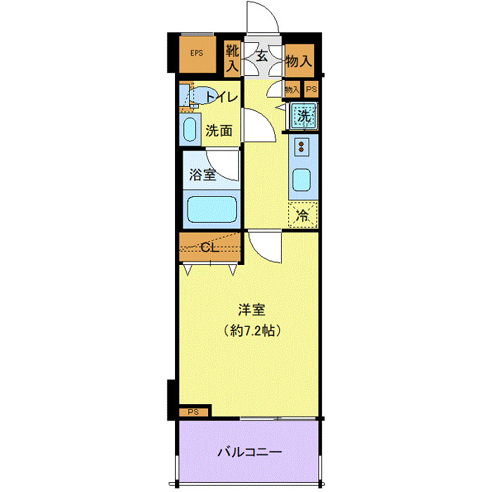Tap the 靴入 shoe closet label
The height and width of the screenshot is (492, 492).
point(232,58)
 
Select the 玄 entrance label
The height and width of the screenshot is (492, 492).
point(261,56)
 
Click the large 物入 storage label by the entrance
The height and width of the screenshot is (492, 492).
point(299,60)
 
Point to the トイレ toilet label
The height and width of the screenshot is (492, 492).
point(221,98)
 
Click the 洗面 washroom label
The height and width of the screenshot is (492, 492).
point(219,130)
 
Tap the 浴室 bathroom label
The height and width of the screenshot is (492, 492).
point(203,175)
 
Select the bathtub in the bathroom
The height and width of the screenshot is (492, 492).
point(211,209)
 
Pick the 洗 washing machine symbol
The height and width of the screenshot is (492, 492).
point(303,117)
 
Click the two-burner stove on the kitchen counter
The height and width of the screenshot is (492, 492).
point(302,147)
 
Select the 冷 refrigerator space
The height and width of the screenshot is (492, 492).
point(302,215)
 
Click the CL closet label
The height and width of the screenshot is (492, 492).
point(209,247)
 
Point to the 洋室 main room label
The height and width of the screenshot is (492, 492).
point(252,309)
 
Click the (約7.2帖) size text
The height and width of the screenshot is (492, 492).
point(252,330)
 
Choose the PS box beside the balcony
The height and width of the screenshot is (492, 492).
point(193,412)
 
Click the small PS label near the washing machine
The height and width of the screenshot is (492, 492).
point(311,89)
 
